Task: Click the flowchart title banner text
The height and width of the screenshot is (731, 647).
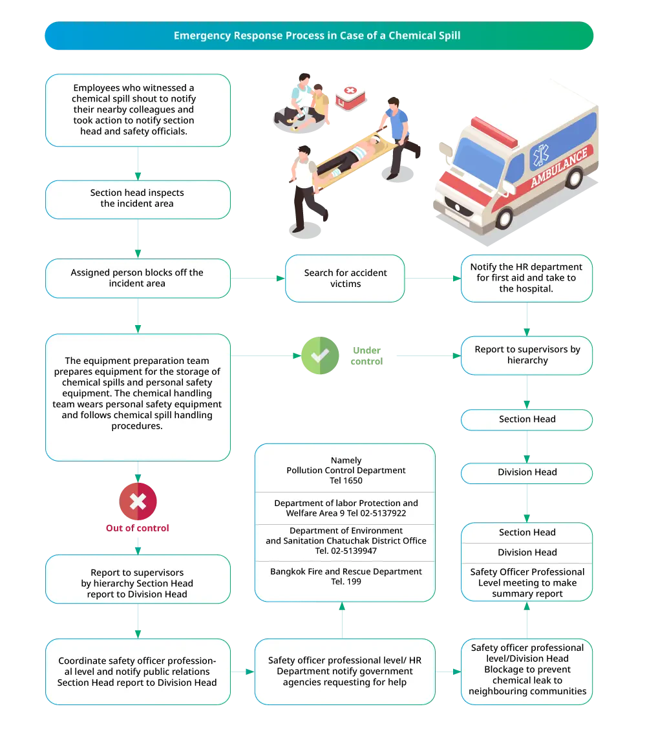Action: pyautogui.click(x=317, y=36)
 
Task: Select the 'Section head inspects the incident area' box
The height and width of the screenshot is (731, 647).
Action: pyautogui.click(x=138, y=198)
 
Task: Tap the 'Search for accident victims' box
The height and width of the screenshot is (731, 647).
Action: pyautogui.click(x=345, y=279)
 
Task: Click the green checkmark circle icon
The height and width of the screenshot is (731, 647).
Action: pyautogui.click(x=320, y=355)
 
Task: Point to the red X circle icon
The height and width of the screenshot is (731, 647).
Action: pyautogui.click(x=138, y=501)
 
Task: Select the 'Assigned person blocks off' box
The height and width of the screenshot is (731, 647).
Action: pyautogui.click(x=138, y=279)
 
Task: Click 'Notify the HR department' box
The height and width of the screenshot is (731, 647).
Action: pyautogui.click(x=526, y=278)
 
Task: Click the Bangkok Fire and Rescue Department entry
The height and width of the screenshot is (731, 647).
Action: pyautogui.click(x=346, y=577)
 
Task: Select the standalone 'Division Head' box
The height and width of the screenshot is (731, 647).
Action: pyautogui.click(x=526, y=472)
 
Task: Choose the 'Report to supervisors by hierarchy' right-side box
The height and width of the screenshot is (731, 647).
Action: pyautogui.click(x=526, y=355)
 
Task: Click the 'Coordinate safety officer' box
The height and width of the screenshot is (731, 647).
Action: pyautogui.click(x=138, y=672)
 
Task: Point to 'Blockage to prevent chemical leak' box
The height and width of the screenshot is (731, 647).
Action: pyautogui.click(x=526, y=670)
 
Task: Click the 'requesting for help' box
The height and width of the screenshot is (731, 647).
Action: pyautogui.click(x=345, y=672)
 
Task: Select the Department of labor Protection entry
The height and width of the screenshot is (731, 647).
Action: pyautogui.click(x=346, y=508)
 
